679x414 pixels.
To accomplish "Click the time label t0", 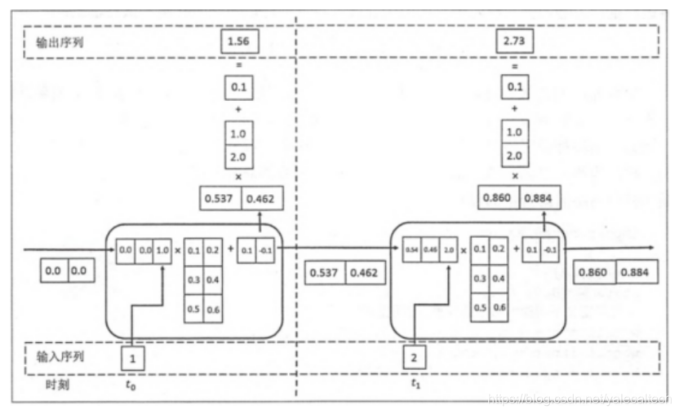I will click(131, 384).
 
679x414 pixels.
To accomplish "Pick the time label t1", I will click(415, 384).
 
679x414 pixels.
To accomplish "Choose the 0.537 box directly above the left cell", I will click(220, 197).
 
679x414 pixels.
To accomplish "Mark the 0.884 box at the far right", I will click(637, 272).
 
